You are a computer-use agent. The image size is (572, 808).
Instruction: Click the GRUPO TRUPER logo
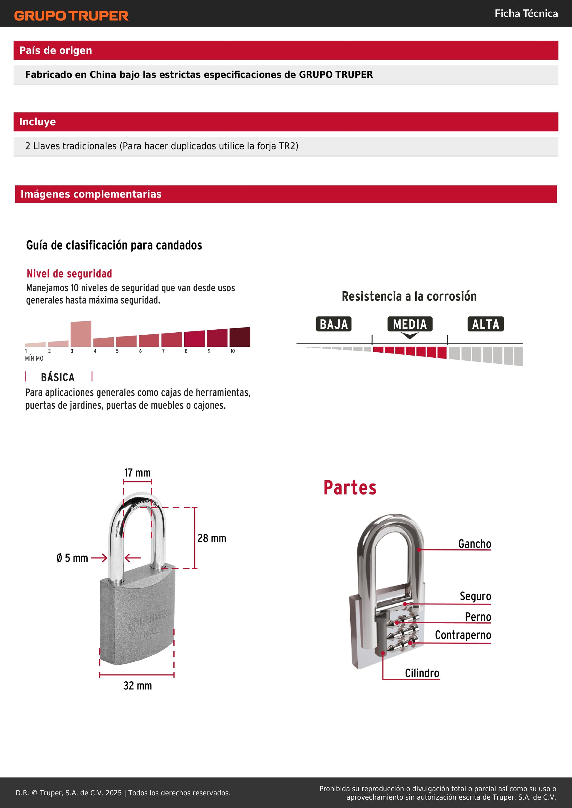pos(71,16)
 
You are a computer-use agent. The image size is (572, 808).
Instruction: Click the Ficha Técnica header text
pos(526,14)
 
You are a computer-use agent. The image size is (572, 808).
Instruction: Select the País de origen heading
pos(56,50)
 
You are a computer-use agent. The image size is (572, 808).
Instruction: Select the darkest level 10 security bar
pos(240,337)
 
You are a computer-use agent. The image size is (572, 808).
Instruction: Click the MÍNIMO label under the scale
pos(34,358)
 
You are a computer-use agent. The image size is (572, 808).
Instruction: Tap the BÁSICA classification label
pos(58,377)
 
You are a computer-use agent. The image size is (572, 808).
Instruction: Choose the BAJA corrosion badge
pos(334,324)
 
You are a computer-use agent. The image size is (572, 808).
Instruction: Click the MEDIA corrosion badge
pos(410,324)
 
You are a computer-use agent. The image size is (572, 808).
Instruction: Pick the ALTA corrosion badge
pos(485,324)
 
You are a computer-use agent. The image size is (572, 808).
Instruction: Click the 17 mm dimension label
pos(137,473)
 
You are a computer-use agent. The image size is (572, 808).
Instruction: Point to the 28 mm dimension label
pos(212,538)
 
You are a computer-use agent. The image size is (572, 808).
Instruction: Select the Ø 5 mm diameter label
pos(72,558)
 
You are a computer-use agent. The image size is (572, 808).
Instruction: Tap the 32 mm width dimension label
pos(137,686)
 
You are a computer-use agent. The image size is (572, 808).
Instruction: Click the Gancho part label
pos(474,544)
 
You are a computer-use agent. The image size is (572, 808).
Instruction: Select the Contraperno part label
pos(463,635)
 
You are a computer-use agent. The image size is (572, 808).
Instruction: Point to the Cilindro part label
pos(422,673)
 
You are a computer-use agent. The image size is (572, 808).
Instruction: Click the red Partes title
pos(350,488)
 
